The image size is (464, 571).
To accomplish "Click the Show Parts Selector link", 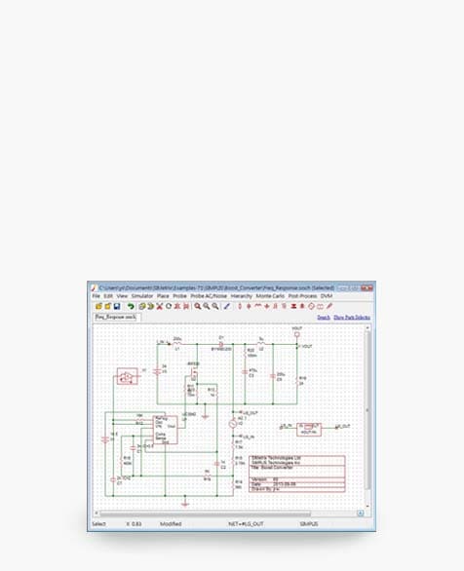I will pyautogui.click(x=352, y=318).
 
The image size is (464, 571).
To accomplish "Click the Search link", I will pyautogui.click(x=324, y=318).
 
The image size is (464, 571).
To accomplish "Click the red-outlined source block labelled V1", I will pyautogui.click(x=126, y=375).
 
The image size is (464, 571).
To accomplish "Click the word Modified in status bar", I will pyautogui.click(x=172, y=524).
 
